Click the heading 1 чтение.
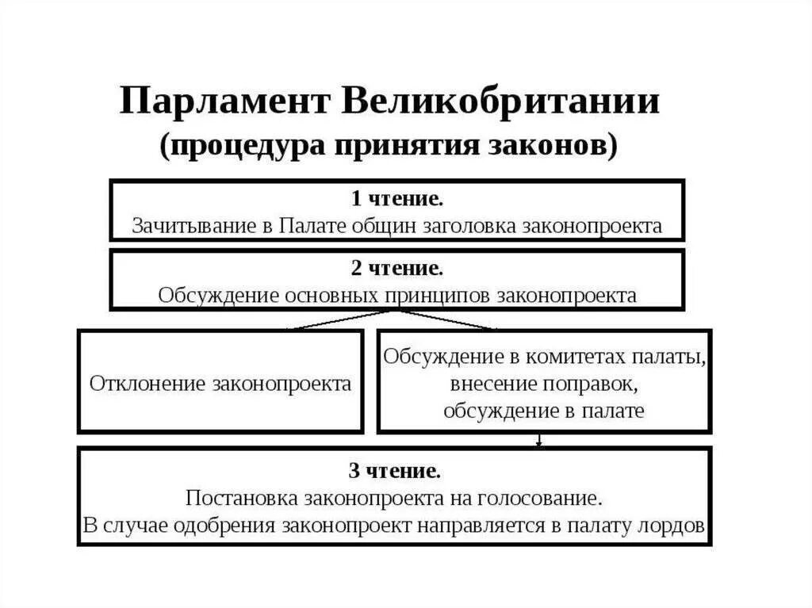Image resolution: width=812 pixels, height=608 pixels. [396, 197]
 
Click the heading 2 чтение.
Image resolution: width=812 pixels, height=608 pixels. [396, 268]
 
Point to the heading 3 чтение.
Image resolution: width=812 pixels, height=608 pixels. [394, 472]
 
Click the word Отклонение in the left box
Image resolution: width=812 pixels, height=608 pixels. [147, 384]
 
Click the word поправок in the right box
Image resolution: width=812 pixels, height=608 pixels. [591, 384]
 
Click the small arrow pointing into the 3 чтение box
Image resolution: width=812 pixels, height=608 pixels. [540, 441]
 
